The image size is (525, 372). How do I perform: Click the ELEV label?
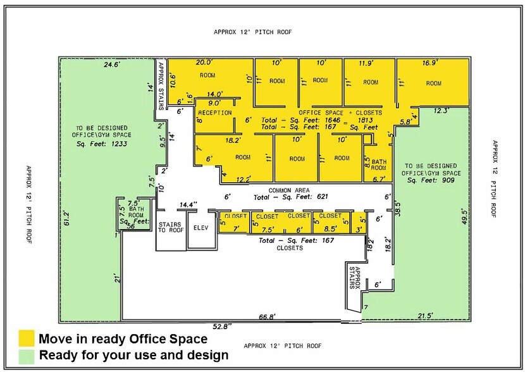201,228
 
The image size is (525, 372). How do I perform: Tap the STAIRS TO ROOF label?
170,227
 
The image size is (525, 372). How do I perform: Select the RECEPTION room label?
215,113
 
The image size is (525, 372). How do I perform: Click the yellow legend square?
27,338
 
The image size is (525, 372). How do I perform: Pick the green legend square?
27,357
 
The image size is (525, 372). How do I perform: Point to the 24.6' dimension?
112,65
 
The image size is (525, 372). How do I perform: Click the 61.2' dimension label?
66,218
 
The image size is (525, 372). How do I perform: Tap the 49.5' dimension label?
464,216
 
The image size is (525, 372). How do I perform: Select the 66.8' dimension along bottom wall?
267,317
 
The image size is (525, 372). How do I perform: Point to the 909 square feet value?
448,180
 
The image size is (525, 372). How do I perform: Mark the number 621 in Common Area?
322,197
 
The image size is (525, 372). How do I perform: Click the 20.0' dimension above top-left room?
204,62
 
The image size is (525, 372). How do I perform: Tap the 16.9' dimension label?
430,63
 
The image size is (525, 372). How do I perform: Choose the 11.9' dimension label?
366,63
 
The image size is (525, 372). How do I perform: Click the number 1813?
366,120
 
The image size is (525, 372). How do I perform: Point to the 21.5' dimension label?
426,316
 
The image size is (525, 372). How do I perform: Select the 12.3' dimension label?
442,111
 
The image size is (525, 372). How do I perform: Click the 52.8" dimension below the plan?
222,326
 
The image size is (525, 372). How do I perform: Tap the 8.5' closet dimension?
330,230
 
